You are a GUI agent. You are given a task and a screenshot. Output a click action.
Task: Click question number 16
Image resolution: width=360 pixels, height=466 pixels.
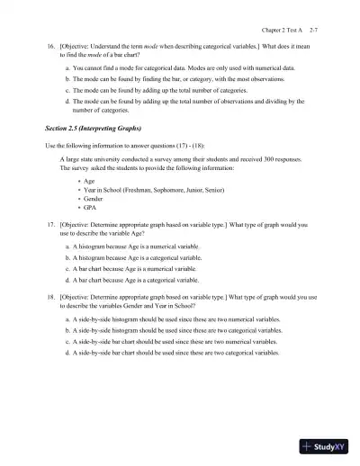[49, 43]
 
